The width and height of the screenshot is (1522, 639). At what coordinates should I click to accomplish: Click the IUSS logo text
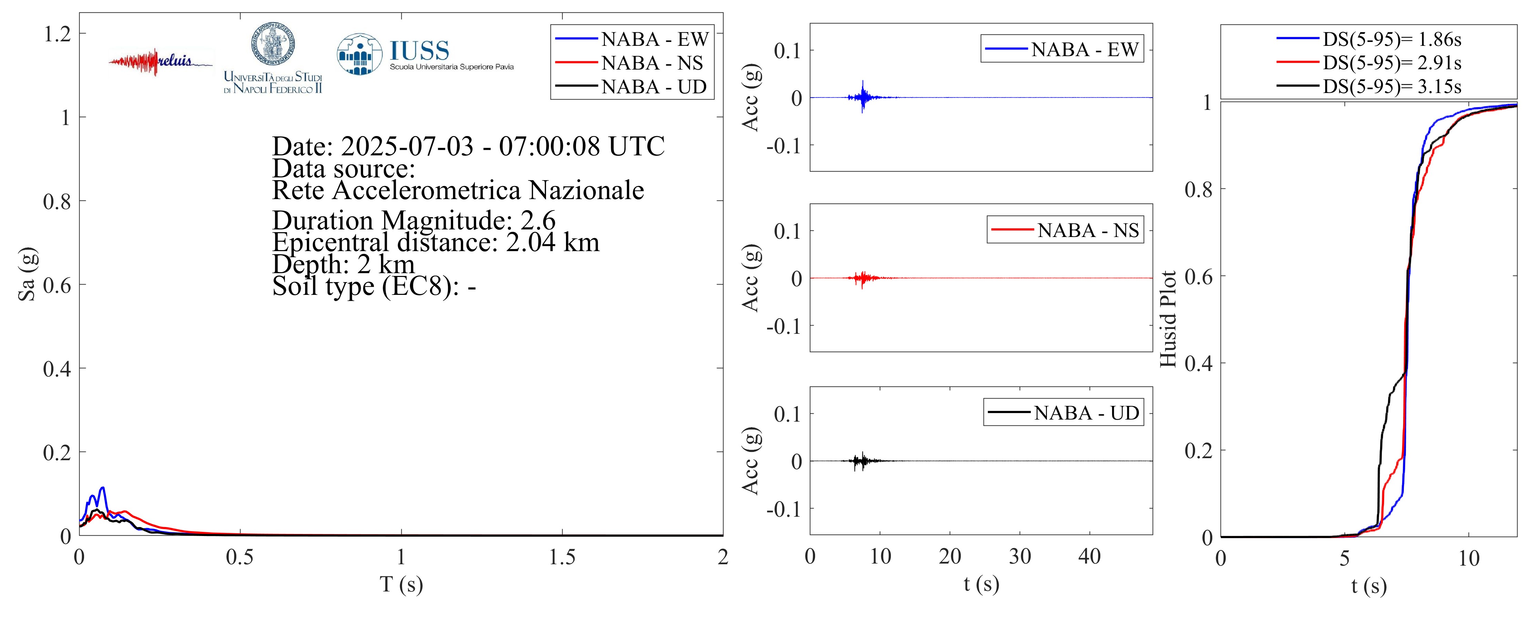(x=420, y=51)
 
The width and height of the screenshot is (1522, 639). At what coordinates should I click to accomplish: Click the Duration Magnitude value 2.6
(x=538, y=220)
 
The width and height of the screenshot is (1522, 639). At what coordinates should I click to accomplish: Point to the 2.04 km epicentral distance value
(x=553, y=242)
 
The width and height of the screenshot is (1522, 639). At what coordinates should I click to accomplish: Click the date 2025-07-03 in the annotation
(x=407, y=146)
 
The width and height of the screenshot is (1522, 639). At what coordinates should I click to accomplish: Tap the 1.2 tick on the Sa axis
(x=57, y=34)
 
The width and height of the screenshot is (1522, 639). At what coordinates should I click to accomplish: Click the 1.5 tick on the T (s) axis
(x=562, y=557)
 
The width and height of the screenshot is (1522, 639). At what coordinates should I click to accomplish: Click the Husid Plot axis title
(x=1168, y=319)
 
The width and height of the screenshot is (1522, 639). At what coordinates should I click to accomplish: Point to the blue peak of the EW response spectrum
(x=103, y=488)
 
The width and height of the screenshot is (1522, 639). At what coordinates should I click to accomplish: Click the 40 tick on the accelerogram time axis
(x=1090, y=556)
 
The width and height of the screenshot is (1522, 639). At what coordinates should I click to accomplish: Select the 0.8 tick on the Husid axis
(x=1198, y=189)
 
